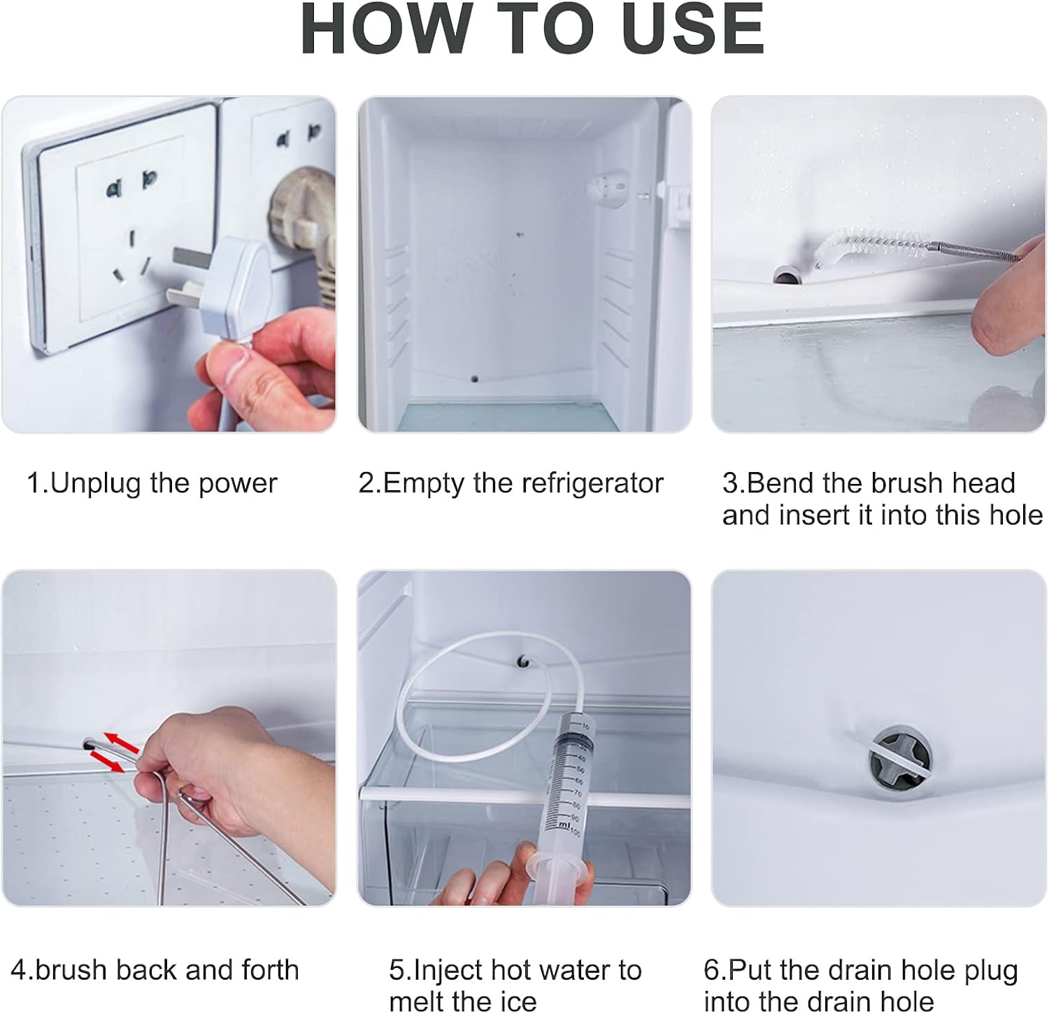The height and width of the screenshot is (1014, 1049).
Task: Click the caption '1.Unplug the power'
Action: (x=152, y=483)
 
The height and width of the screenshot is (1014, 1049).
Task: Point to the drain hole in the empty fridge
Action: (x=475, y=379)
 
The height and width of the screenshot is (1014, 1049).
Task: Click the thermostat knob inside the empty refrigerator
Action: (x=606, y=189)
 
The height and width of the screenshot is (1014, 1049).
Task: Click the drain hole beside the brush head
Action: (x=785, y=276)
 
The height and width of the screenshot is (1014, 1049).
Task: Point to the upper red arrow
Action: (x=122, y=741)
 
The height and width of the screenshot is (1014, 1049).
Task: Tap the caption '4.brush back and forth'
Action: (x=155, y=970)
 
